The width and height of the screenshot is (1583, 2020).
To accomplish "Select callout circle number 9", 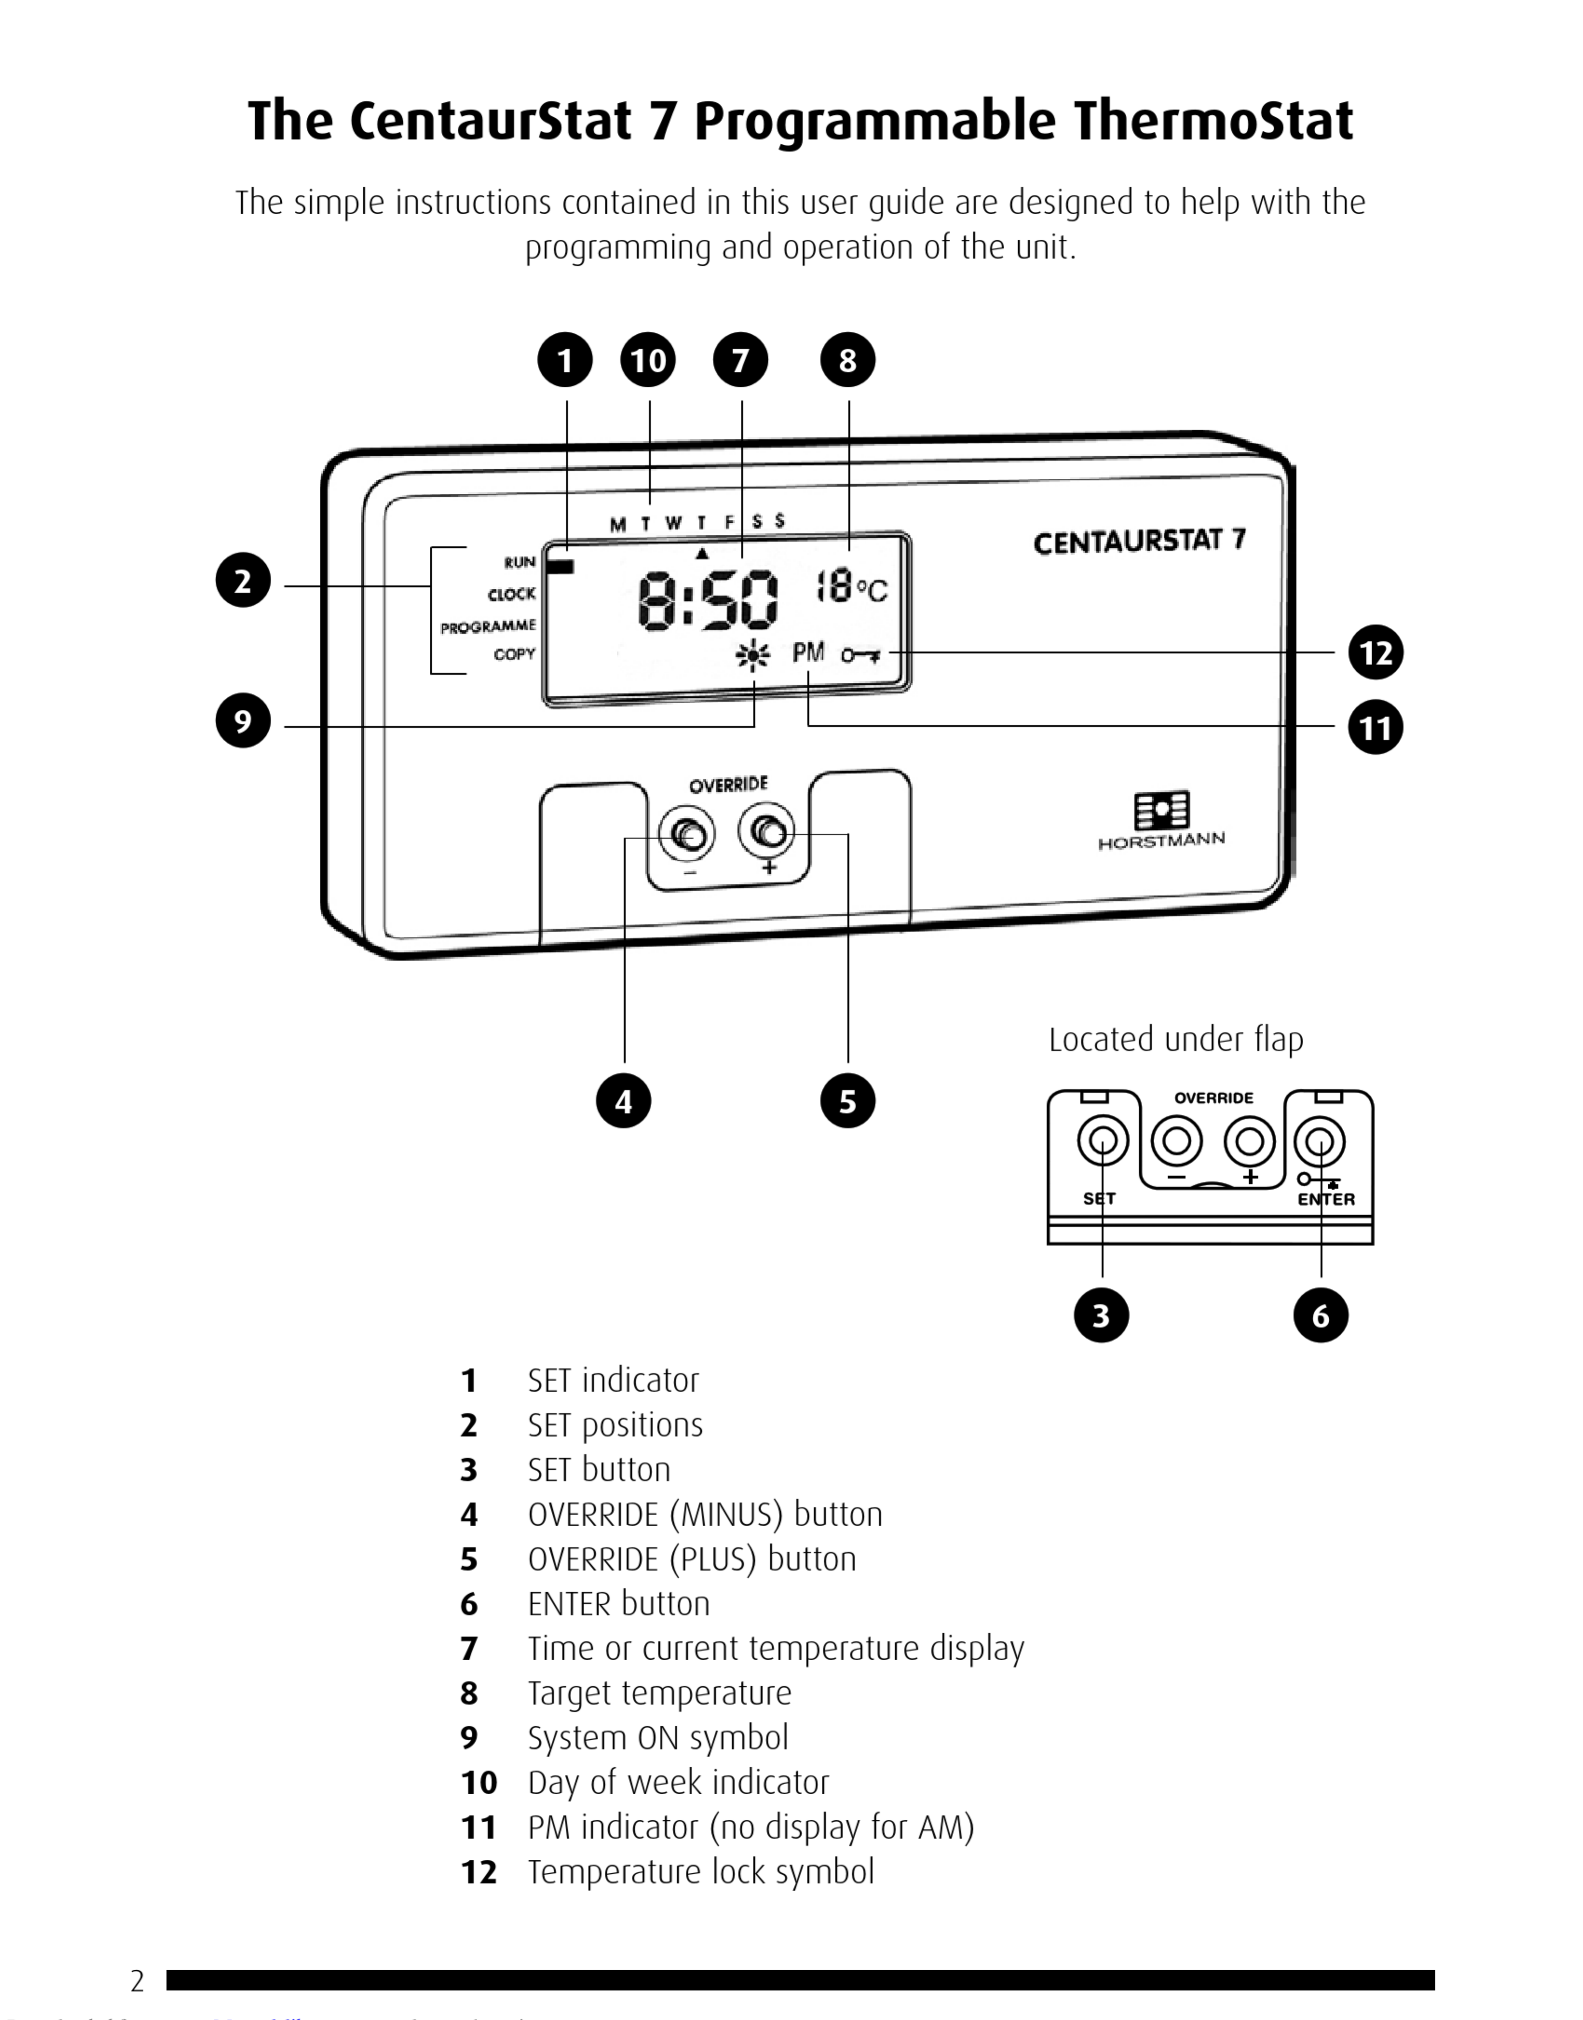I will (243, 721).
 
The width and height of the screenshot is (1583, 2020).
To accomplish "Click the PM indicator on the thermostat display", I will (808, 653).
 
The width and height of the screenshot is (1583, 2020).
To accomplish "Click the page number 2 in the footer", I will (137, 1980).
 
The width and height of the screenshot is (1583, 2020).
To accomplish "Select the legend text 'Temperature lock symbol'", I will (701, 1872).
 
